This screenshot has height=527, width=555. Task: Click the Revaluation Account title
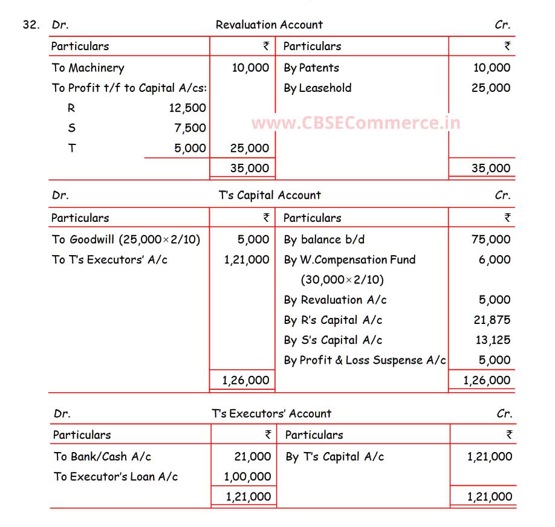(269, 25)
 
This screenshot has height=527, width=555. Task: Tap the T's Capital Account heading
(270, 195)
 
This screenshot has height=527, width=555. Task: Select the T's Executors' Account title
(271, 414)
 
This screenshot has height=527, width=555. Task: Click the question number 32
(31, 25)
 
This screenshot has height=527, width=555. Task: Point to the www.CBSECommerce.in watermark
(355, 123)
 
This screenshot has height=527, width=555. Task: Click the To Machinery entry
(88, 68)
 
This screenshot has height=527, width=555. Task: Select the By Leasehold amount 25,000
(491, 88)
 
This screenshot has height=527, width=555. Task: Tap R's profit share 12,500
(187, 108)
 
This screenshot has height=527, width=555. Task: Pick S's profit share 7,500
(190, 128)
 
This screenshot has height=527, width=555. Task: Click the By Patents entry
(311, 68)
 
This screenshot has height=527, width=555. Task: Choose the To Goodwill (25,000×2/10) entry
(126, 239)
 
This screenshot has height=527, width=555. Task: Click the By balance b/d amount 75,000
(491, 239)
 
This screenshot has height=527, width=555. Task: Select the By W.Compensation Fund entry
(349, 260)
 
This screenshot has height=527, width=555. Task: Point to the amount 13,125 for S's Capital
(493, 340)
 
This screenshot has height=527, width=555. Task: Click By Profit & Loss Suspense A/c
(365, 360)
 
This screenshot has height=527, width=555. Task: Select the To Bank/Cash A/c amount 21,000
(253, 457)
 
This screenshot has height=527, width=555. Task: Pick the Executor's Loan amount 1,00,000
(247, 477)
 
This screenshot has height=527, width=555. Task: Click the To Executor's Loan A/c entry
(115, 477)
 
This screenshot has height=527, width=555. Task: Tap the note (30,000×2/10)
(342, 280)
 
